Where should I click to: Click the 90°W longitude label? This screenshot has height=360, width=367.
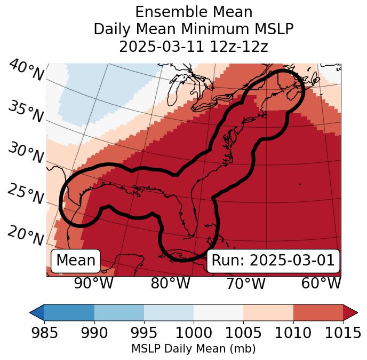click(94, 284)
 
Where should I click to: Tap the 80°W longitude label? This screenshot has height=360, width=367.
click(170, 284)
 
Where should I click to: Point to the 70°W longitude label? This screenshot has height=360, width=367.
click(245, 284)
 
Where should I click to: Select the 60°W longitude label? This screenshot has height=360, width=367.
click(321, 284)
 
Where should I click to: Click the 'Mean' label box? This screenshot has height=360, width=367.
click(76, 261)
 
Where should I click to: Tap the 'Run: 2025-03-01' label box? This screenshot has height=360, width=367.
click(273, 261)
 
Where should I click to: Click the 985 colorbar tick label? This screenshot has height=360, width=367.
click(45, 333)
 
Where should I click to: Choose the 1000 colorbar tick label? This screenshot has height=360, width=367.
click(194, 333)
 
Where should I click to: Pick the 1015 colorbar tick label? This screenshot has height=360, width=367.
click(342, 333)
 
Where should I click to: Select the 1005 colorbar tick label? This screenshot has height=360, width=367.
click(243, 333)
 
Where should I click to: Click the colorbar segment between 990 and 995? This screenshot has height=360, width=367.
click(119, 312)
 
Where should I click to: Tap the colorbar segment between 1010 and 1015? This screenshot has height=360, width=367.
click(318, 312)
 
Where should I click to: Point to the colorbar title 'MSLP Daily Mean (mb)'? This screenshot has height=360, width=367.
click(193, 349)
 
